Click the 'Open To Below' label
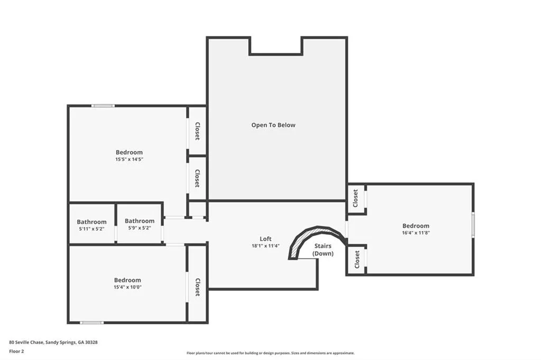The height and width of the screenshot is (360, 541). [273, 125]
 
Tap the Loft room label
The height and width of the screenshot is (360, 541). [265, 239]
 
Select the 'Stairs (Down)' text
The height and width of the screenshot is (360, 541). [323, 250]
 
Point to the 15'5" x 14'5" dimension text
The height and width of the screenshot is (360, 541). [129, 159]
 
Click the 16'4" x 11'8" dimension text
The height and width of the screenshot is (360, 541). [416, 233]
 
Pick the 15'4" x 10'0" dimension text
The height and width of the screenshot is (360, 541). [128, 287]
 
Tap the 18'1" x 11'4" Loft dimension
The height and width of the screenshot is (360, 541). [265, 246]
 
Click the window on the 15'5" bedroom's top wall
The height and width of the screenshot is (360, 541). [103, 106]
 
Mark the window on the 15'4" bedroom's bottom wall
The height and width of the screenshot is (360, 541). [92, 323]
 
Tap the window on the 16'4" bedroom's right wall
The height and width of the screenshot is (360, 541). [473, 224]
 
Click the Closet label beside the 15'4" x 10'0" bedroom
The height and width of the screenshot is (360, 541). [198, 287]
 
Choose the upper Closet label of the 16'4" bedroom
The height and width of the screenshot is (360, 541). [356, 198]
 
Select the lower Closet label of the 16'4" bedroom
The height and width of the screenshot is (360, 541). [357, 259]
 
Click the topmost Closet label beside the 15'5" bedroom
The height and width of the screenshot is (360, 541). [198, 131]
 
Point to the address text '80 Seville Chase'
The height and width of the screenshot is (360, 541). [26, 343]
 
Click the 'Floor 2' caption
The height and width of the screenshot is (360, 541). [16, 352]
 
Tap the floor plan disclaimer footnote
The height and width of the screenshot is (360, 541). [270, 353]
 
